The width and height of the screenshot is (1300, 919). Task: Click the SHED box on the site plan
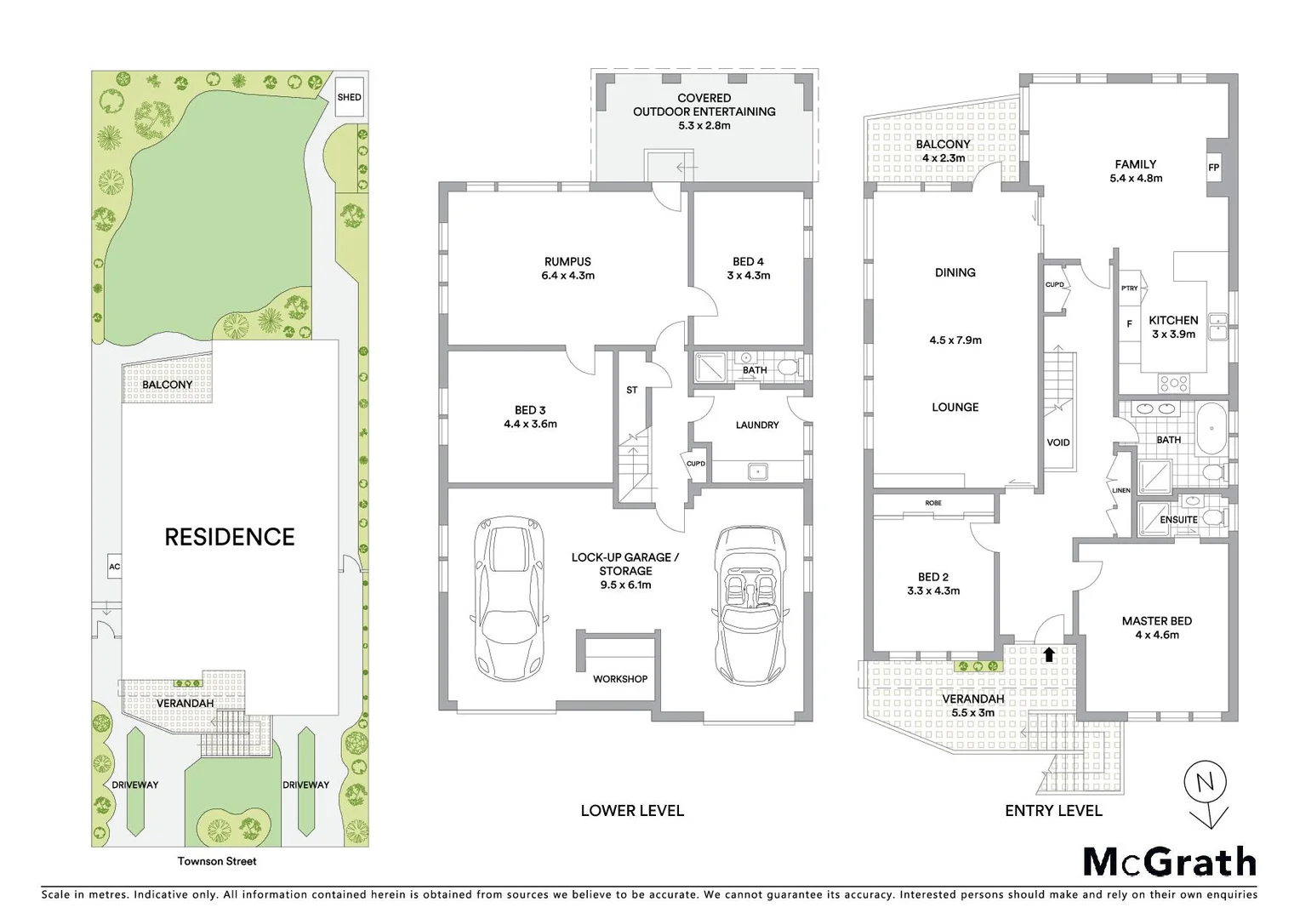tap(349, 97)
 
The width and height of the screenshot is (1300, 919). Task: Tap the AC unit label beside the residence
tap(114, 567)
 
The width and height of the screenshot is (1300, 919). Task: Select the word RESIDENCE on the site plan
tap(230, 537)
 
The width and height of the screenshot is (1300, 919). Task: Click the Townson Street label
tap(217, 861)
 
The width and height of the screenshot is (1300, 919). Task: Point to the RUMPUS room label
tap(567, 262)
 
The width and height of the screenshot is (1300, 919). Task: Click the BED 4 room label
tap(748, 262)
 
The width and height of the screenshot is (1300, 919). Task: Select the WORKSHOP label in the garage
tap(620, 679)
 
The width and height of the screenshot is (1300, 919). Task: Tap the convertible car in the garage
tap(750, 604)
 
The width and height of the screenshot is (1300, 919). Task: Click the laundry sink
tap(755, 471)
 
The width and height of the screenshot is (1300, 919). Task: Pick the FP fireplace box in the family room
tap(1213, 168)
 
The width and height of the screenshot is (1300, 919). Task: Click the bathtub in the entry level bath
tap(1212, 429)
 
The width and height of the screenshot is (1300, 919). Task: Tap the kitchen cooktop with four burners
tap(1173, 383)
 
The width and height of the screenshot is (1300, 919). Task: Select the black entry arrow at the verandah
tap(1049, 654)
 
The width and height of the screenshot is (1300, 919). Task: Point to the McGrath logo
tap(1170, 862)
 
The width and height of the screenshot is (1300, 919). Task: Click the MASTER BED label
tap(1156, 621)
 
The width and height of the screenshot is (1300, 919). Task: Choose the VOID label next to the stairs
tap(1058, 442)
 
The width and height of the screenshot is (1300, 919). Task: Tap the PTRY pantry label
tap(1129, 288)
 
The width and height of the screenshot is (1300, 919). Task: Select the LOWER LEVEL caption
tap(632, 811)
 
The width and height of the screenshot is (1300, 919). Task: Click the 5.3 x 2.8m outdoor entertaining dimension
tap(704, 125)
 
